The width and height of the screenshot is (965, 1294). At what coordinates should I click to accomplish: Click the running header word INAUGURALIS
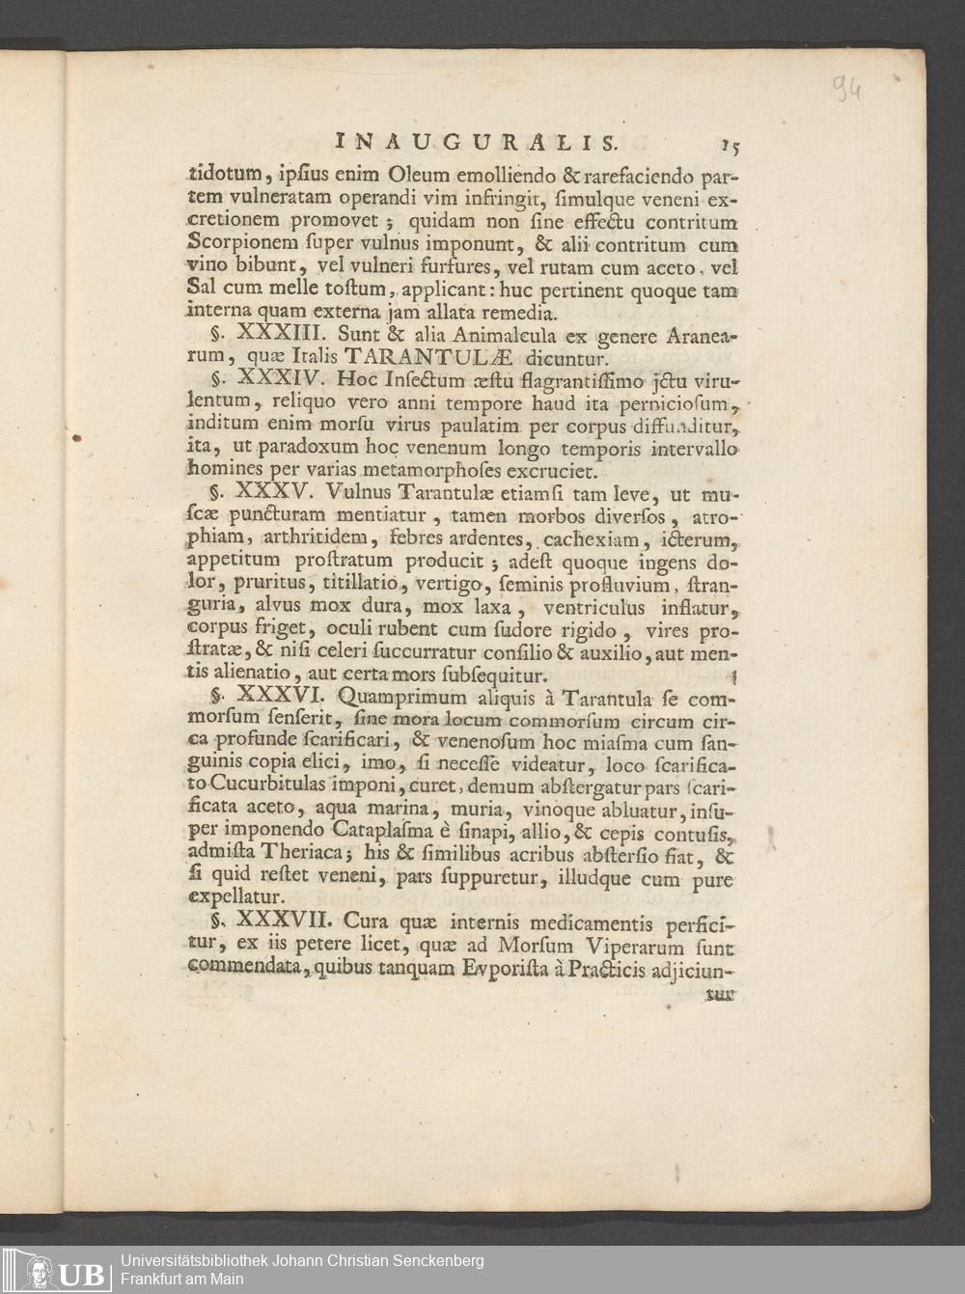pyautogui.click(x=477, y=142)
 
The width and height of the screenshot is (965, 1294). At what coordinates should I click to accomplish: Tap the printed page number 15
pyautogui.click(x=729, y=145)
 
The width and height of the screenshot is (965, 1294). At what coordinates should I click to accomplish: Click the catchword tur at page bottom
pyautogui.click(x=719, y=992)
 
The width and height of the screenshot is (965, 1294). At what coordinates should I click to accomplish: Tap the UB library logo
pyautogui.click(x=58, y=1270)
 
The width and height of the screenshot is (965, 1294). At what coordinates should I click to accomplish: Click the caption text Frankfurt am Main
pyautogui.click(x=181, y=1280)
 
